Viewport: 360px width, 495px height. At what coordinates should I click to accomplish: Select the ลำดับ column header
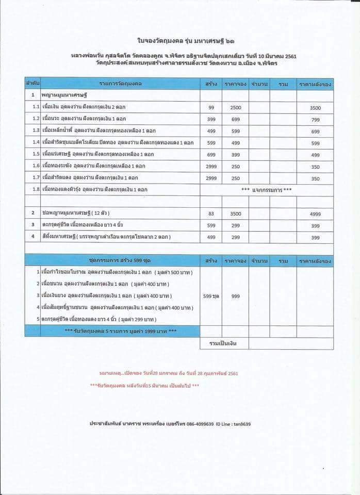pyautogui.click(x=32, y=83)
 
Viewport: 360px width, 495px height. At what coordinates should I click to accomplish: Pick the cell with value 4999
pyautogui.click(x=316, y=213)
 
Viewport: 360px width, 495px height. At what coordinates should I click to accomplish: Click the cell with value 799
pyautogui.click(x=316, y=120)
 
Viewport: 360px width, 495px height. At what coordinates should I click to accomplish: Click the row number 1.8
pyautogui.click(x=35, y=190)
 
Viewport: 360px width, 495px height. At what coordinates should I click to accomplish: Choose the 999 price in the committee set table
pyautogui.click(x=235, y=296)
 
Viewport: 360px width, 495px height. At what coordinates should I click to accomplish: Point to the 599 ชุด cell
pyautogui.click(x=211, y=296)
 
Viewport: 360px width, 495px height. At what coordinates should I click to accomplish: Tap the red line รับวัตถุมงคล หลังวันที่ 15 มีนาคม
pyautogui.click(x=144, y=385)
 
